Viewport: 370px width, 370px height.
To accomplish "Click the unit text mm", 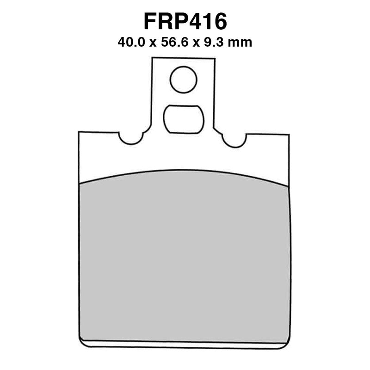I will coord(241,43).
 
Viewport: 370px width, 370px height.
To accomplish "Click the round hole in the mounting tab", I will coord(184,80).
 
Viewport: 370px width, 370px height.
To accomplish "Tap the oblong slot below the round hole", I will coord(184,118).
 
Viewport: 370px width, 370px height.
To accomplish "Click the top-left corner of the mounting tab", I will coord(153,58).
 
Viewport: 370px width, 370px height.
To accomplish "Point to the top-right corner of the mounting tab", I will coord(215,59).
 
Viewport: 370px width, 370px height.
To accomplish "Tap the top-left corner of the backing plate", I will coord(79,132).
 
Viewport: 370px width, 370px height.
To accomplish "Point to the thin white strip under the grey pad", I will coord(185,345).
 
